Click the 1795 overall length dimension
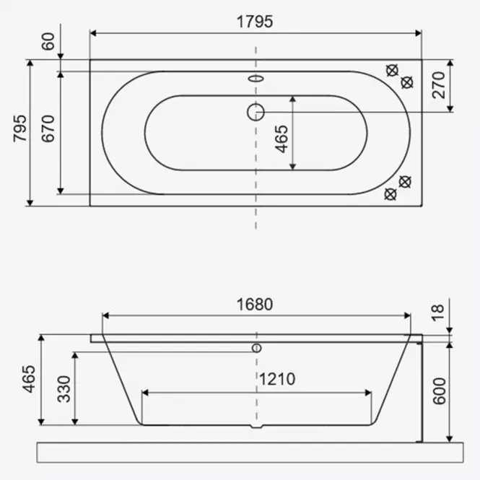click(255, 22)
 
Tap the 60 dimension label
click(48, 41)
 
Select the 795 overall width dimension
click(20, 128)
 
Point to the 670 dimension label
click(48, 128)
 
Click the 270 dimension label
click(438, 85)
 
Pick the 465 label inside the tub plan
click(282, 139)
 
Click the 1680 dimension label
click(255, 305)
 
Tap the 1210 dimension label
click(277, 379)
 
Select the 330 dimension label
click(64, 389)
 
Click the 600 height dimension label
click(440, 391)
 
